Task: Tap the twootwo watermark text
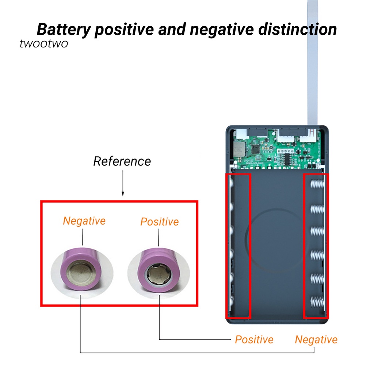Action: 43,43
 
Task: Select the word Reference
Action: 122,161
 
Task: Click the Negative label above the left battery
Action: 84,221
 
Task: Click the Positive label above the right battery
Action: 160,222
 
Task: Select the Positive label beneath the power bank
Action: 254,339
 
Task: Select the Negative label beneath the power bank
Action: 316,340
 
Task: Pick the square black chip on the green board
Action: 253,149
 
